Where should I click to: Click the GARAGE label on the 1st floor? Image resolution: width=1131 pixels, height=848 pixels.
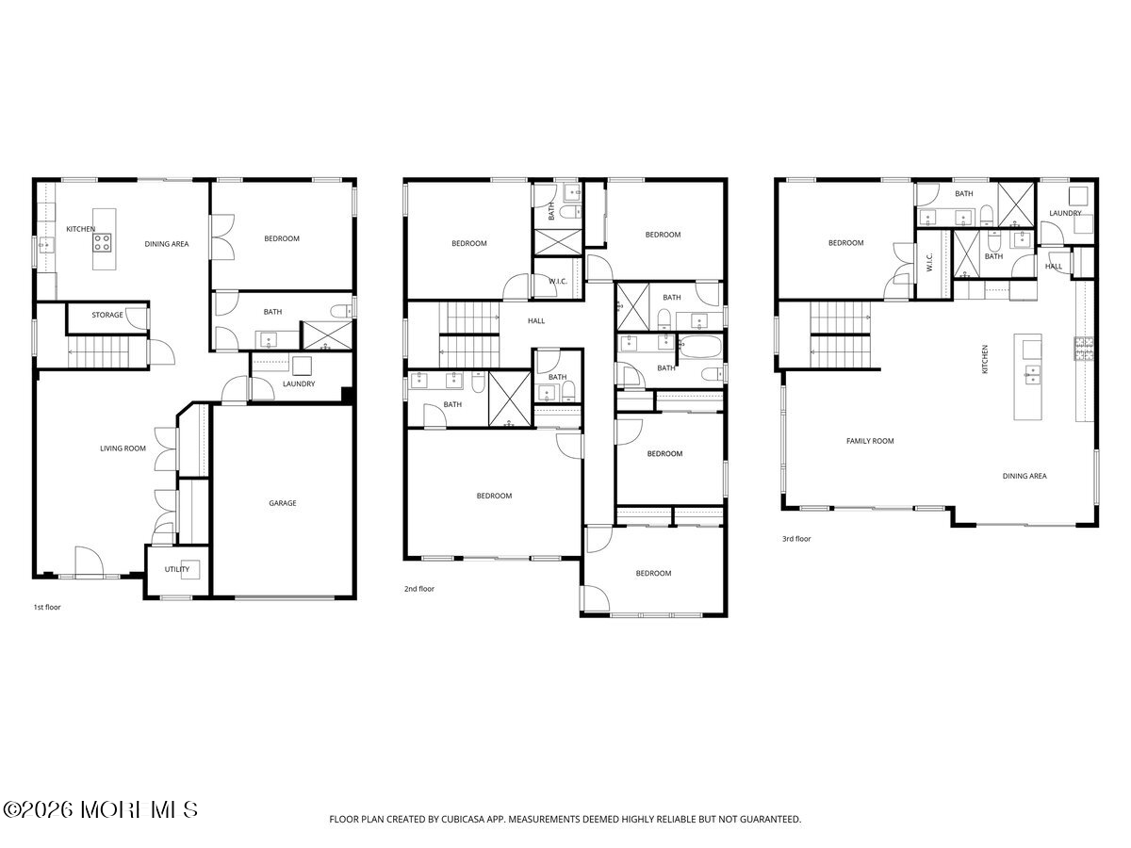(283, 503)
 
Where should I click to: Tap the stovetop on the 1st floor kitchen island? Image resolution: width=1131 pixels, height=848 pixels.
(102, 242)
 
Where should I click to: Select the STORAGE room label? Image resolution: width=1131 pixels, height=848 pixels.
(107, 315)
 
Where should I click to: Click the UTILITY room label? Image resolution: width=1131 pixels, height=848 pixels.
(177, 569)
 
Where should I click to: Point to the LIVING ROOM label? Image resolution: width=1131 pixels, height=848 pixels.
(123, 448)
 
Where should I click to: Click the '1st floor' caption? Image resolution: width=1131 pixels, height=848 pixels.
(47, 607)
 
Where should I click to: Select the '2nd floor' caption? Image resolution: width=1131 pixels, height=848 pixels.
(418, 589)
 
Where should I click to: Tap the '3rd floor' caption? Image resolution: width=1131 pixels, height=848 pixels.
(796, 539)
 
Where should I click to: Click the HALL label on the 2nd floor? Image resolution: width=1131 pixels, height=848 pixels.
(536, 320)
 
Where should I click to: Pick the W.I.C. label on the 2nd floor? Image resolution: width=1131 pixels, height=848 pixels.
(558, 281)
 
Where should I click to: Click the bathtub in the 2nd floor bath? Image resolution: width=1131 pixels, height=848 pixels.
(701, 348)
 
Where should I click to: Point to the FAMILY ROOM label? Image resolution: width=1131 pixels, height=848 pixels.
(870, 441)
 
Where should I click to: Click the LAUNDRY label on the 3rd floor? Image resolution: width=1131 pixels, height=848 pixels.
(1065, 213)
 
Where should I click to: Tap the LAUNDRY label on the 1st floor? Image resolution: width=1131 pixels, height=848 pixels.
(299, 383)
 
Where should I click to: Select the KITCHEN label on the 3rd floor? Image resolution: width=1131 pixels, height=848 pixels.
(985, 359)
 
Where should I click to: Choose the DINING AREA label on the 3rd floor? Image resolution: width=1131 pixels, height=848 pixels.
(1024, 476)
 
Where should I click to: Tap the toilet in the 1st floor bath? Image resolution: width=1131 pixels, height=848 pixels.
(340, 311)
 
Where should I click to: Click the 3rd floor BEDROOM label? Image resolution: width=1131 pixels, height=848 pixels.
(845, 242)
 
